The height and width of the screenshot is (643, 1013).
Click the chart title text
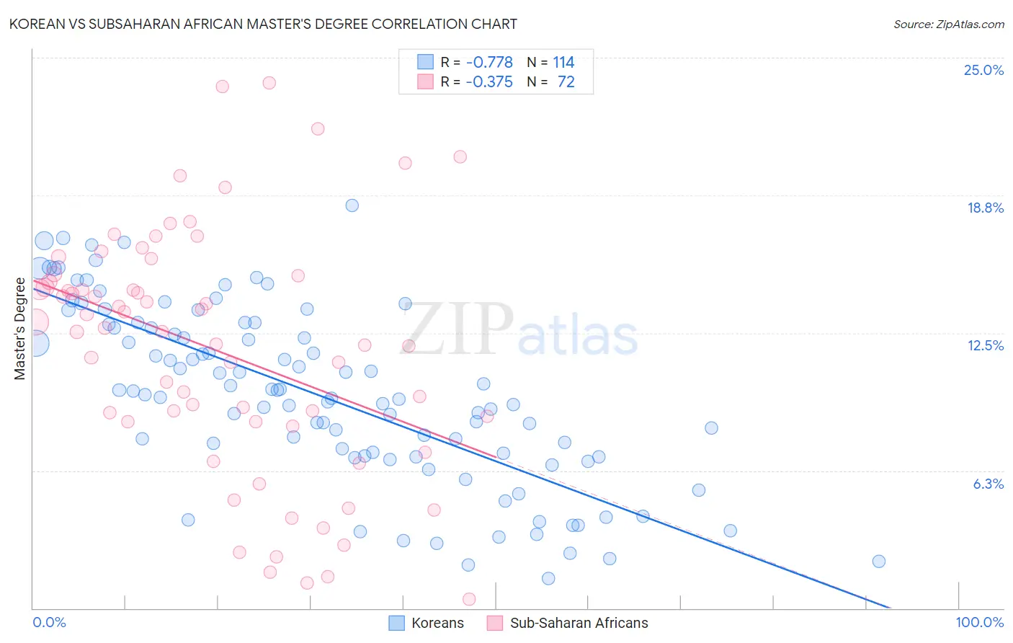tap(263, 24)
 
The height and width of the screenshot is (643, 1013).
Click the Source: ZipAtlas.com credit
tap(948, 24)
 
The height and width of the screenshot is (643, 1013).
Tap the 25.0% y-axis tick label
tap(983, 70)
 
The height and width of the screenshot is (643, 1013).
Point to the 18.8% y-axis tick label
tap(985, 208)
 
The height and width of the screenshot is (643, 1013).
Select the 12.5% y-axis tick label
tap(985, 345)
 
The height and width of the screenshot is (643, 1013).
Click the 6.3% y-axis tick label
tap(988, 484)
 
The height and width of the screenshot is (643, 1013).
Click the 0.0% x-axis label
tap(50, 623)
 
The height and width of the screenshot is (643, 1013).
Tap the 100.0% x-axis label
tap(979, 623)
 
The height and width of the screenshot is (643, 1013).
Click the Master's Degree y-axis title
tap(20, 329)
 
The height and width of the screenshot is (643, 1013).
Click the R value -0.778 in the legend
tap(489, 62)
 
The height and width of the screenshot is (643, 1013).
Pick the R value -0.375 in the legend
tap(489, 82)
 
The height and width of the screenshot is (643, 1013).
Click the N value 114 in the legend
tap(563, 62)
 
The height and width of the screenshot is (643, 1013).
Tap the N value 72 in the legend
tap(566, 82)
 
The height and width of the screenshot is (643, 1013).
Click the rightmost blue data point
tap(878, 562)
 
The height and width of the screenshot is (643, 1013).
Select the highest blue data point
tap(352, 205)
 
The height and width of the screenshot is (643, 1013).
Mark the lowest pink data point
tap(469, 599)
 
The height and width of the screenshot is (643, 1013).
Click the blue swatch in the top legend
tap(426, 62)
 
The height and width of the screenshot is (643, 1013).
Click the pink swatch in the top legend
tap(426, 82)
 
